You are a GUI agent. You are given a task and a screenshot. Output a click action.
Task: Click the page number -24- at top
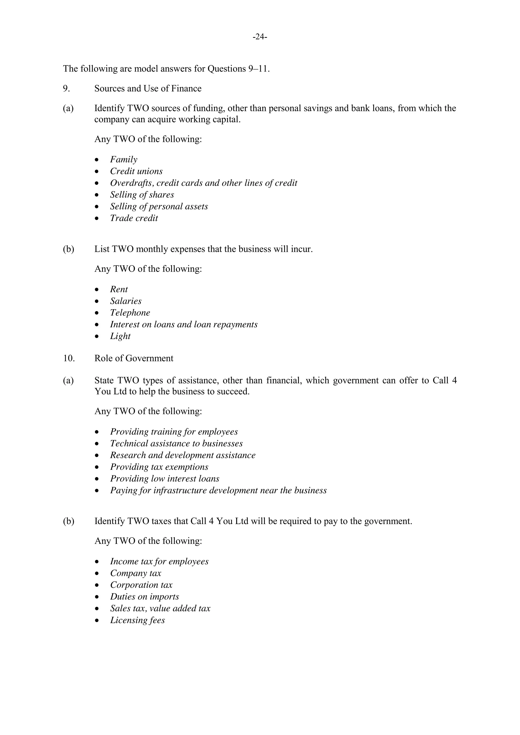(x=260, y=37)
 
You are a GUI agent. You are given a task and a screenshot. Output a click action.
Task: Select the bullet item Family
(x=124, y=159)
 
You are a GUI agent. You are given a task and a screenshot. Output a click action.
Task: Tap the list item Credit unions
(x=136, y=171)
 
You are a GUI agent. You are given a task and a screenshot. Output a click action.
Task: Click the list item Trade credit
(x=134, y=218)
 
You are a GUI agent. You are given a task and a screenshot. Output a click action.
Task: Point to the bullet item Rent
(x=119, y=289)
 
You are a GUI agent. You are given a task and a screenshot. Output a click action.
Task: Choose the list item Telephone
(x=130, y=313)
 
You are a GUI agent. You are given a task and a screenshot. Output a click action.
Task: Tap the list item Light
(x=120, y=336)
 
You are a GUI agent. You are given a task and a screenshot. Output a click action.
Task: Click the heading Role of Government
(x=134, y=358)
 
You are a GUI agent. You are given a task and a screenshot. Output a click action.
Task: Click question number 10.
(x=69, y=358)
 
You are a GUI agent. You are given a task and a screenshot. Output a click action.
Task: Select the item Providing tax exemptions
(x=159, y=467)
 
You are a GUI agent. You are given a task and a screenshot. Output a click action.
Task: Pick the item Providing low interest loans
(x=165, y=479)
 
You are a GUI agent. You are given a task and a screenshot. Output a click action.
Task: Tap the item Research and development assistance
(x=183, y=455)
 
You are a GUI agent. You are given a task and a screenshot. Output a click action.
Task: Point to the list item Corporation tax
(x=141, y=585)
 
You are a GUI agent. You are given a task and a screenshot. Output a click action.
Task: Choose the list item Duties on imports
(x=144, y=597)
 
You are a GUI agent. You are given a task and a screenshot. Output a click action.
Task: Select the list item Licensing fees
(x=137, y=620)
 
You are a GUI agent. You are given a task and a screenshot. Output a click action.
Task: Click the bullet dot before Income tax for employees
(x=97, y=562)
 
